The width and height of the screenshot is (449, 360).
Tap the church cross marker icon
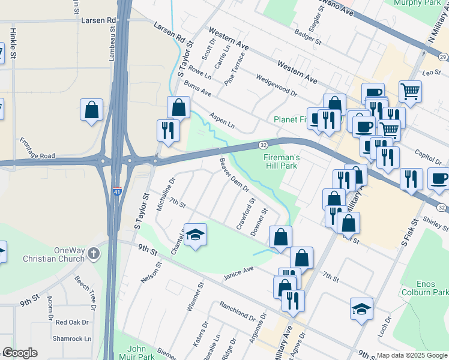point(93,254)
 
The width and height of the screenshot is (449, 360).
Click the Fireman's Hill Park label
point(281,160)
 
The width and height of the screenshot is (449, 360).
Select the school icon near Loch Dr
point(361,308)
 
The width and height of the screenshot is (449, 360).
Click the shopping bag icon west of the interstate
point(91,110)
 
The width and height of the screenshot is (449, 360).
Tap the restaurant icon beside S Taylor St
point(167,130)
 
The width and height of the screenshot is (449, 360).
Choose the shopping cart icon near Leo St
point(410,91)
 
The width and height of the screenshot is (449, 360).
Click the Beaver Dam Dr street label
point(234,175)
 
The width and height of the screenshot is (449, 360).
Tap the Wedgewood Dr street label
point(276,85)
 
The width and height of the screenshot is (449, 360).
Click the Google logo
point(20,353)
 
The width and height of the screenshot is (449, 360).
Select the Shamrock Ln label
point(71,338)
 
